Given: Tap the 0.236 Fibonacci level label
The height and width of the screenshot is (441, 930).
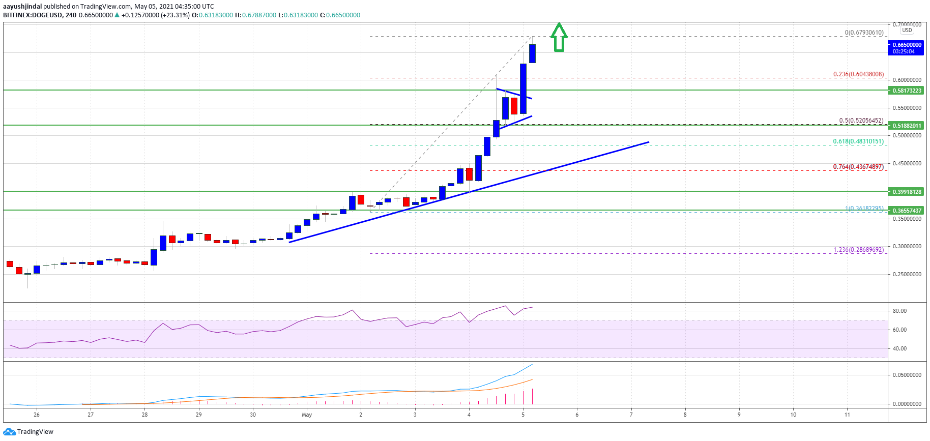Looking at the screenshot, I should coord(858,74).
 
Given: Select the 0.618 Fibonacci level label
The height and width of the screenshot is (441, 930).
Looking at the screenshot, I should coord(858,141).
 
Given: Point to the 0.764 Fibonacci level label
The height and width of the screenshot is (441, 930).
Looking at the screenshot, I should coord(858,167).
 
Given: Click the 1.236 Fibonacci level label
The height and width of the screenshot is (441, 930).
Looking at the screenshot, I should coord(858,250).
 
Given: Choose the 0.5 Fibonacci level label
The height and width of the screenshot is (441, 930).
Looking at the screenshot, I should coord(861,121).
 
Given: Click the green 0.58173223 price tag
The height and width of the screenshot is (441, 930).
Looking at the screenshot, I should coord(907,91).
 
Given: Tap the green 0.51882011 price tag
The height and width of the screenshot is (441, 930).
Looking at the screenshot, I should coord(907,126).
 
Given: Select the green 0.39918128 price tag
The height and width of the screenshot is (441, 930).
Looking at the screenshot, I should coord(907,192).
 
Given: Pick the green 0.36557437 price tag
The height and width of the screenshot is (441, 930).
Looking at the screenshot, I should coord(907,211).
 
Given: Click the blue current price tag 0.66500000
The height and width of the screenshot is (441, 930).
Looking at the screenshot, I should coord(907,45).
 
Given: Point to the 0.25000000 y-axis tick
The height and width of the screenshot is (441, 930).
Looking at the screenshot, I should coord(907,275).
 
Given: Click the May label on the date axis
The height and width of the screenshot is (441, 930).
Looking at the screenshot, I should coord(307,415).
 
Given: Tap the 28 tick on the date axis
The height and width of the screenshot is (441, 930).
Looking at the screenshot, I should coord(145,415).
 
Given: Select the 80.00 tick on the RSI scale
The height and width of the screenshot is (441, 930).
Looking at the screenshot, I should coord(899,311).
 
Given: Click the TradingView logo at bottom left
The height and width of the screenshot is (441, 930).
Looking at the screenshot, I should coord(28,432).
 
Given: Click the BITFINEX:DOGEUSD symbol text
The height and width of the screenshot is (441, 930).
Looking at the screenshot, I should coord(33,15).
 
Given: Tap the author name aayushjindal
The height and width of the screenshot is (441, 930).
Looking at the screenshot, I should coord(22,7).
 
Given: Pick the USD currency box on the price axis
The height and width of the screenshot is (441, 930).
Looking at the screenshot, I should coord(907,30).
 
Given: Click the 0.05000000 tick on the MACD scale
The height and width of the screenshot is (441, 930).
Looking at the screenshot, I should coord(907,375).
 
